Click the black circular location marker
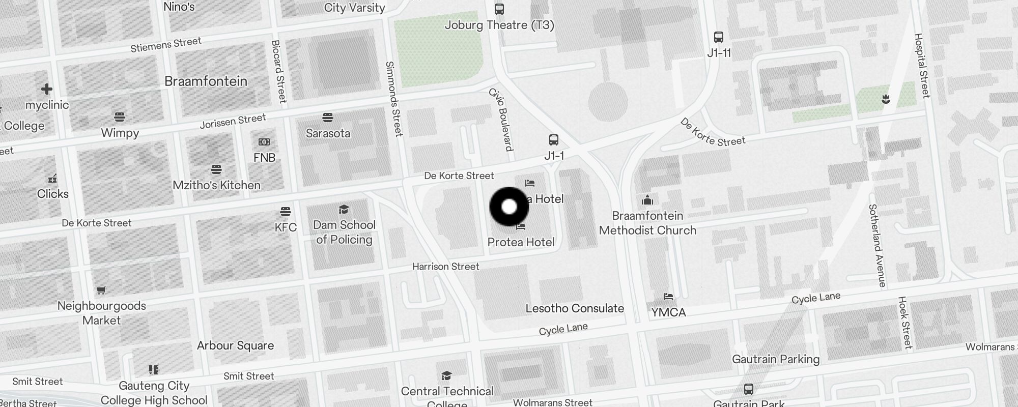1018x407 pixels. (x=509, y=207)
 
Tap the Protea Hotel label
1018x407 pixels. (x=521, y=242)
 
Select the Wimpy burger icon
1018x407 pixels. (x=120, y=117)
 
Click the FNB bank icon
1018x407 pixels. (x=264, y=142)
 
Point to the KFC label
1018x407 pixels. (x=286, y=227)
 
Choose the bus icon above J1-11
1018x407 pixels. (x=719, y=37)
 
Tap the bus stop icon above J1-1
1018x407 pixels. (x=554, y=140)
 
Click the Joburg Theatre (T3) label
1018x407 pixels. (x=499, y=25)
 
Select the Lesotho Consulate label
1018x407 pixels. (x=575, y=308)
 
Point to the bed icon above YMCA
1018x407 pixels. (x=668, y=297)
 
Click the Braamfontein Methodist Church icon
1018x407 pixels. (x=647, y=199)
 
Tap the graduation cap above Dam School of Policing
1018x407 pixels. (x=344, y=210)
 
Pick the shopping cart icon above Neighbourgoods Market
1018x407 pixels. (x=101, y=290)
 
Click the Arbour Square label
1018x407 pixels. (x=235, y=345)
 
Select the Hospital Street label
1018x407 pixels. (x=922, y=66)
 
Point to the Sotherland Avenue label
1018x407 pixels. (x=877, y=245)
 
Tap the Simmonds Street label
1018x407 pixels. (x=394, y=99)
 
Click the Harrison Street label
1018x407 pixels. (x=445, y=267)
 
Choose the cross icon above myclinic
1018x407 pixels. (x=47, y=90)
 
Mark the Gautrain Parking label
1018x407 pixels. (x=776, y=359)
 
